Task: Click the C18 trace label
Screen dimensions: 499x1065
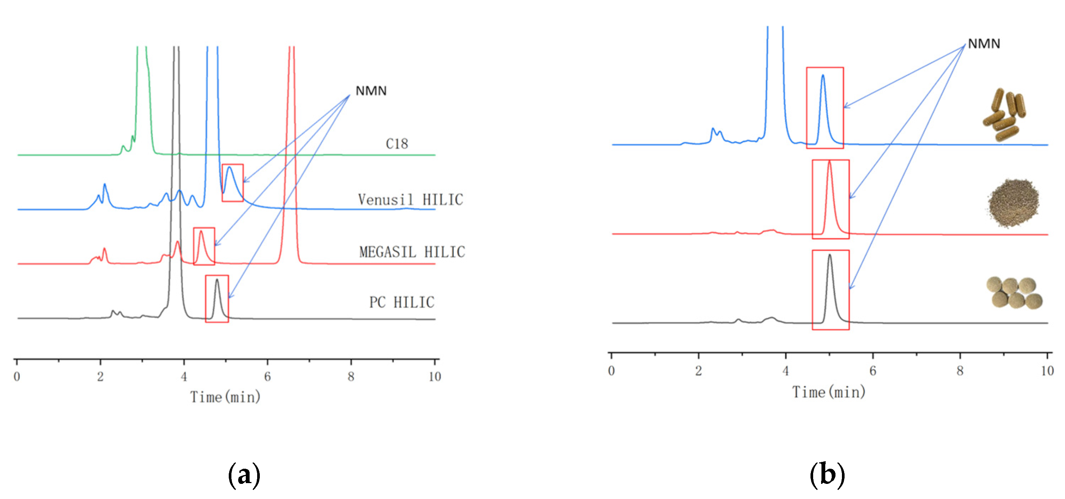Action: [397, 144]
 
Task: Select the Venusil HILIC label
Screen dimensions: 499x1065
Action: [410, 200]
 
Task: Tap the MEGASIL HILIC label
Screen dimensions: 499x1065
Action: [412, 252]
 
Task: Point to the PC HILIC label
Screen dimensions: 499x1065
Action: [401, 302]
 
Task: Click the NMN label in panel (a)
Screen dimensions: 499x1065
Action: [371, 91]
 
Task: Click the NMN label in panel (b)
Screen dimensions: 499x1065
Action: [984, 44]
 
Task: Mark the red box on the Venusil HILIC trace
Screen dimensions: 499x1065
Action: [232, 183]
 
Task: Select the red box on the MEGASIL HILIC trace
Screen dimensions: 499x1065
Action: [204, 246]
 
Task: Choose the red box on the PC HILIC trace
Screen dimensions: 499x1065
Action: [217, 298]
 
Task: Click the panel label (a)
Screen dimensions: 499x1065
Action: [244, 475]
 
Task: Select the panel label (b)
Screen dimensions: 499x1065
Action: [826, 475]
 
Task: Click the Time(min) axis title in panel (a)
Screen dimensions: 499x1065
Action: [225, 397]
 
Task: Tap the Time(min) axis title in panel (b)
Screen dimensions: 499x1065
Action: [829, 392]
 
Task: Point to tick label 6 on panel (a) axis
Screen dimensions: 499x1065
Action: [267, 377]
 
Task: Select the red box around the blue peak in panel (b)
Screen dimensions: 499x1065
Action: [825, 108]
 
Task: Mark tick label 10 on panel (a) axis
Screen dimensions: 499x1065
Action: [434, 377]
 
